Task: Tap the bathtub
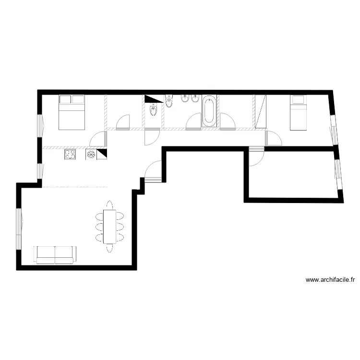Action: [209, 111]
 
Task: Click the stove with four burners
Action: [70, 155]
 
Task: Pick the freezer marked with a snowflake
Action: [90, 155]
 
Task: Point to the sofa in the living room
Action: [55, 254]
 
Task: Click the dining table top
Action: [110, 226]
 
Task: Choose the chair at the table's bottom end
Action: [110, 248]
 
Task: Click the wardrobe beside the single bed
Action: [261, 111]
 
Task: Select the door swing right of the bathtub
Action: [228, 121]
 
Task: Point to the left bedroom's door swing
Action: [97, 139]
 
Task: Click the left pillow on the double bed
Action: [65, 100]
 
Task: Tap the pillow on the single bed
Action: [299, 100]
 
